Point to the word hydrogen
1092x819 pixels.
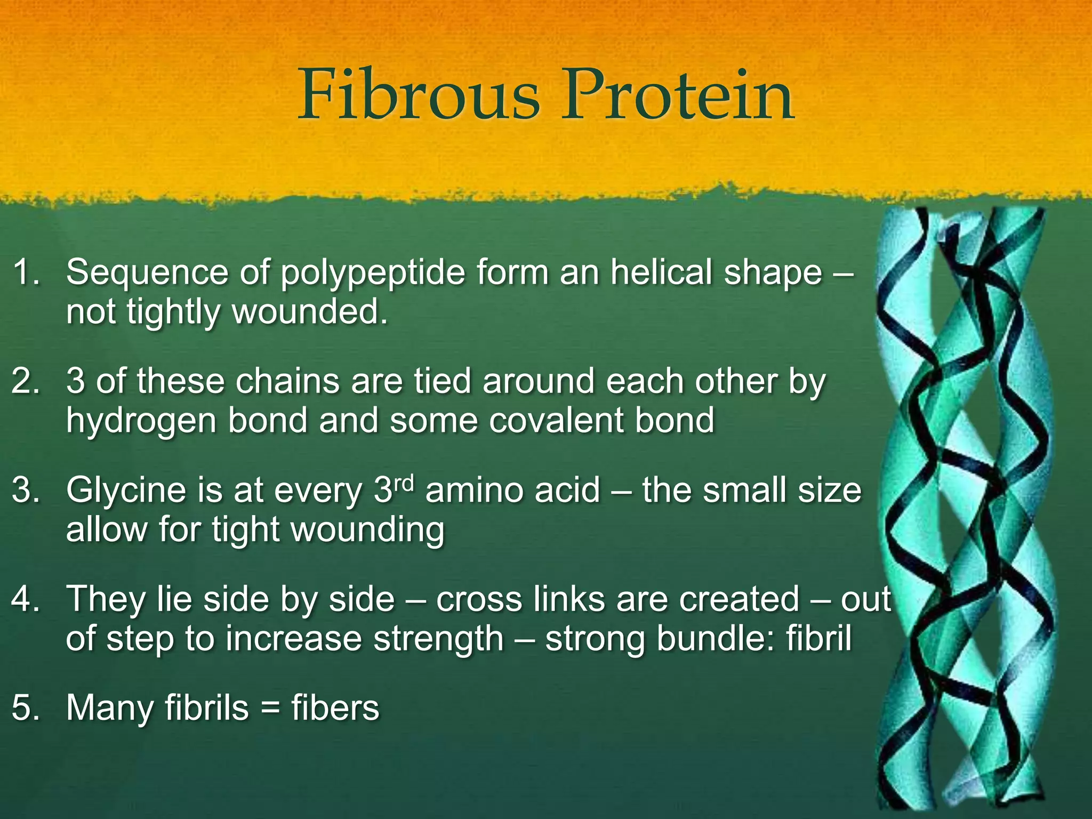[x=141, y=421]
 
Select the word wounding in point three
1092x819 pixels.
[x=368, y=531]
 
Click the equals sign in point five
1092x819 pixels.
[x=270, y=709]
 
